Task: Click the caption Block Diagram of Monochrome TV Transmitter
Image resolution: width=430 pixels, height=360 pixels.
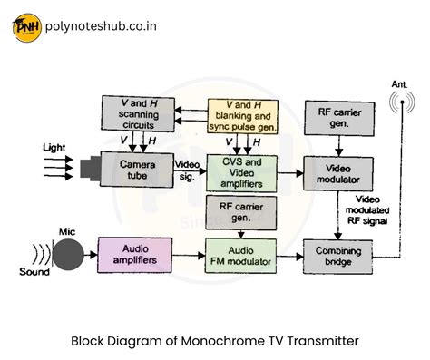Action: pyautogui.click(x=215, y=341)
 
